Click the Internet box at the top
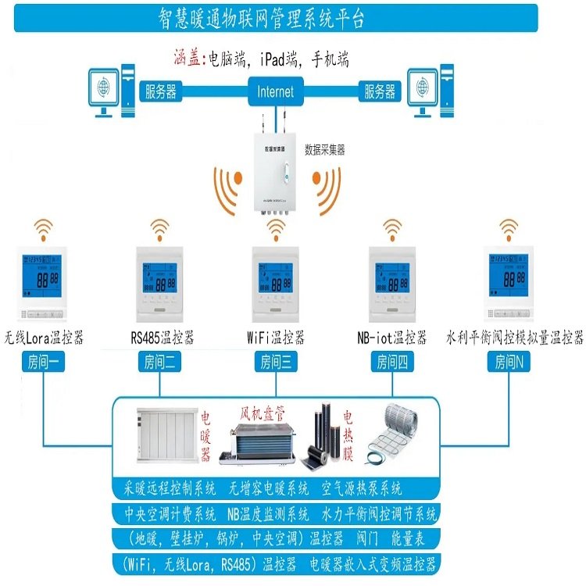click(275, 91)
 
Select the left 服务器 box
click(160, 91)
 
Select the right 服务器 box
click(381, 91)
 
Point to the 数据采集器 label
click(324, 150)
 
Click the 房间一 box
click(43, 362)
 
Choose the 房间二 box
click(161, 362)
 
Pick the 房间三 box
click(277, 362)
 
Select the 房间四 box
click(391, 362)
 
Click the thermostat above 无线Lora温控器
click(43, 284)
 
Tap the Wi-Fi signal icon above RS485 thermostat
click(160, 228)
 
